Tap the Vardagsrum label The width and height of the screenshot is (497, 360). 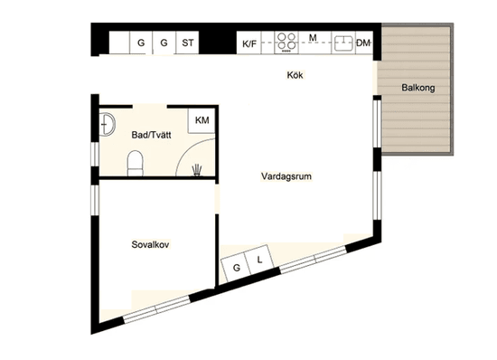pyautogui.click(x=286, y=176)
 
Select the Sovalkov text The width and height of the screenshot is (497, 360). pyautogui.click(x=152, y=244)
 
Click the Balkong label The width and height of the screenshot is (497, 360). pyautogui.click(x=419, y=88)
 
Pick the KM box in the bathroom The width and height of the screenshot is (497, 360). pyautogui.click(x=202, y=121)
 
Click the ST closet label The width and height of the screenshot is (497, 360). pyautogui.click(x=188, y=43)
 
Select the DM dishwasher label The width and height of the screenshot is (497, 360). pyautogui.click(x=363, y=43)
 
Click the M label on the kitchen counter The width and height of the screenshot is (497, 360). pyautogui.click(x=313, y=37)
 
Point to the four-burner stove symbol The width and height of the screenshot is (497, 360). pyautogui.click(x=287, y=42)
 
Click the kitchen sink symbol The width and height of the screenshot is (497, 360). pyautogui.click(x=343, y=42)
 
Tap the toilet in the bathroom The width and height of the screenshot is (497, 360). pyautogui.click(x=135, y=163)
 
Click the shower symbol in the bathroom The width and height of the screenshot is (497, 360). pyautogui.click(x=198, y=167)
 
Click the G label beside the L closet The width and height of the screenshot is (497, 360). pyautogui.click(x=237, y=268)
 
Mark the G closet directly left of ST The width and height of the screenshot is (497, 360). pyautogui.click(x=164, y=43)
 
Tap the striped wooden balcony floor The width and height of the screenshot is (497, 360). pyautogui.click(x=419, y=127)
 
